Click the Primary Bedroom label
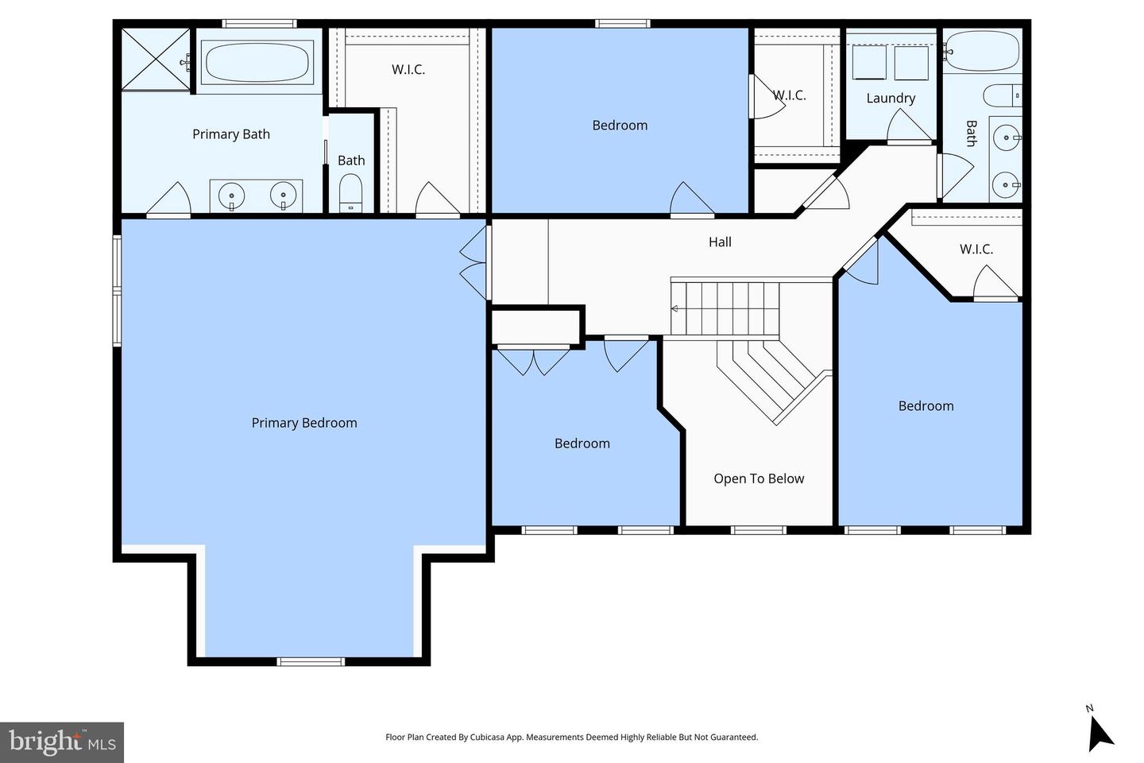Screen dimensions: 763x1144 pyautogui.click(x=304, y=423)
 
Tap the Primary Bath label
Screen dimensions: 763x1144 pyautogui.click(x=231, y=134)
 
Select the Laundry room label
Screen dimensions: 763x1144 pyautogui.click(x=891, y=99)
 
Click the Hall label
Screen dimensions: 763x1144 pyautogui.click(x=720, y=242)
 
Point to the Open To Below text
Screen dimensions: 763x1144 pyautogui.click(x=759, y=478)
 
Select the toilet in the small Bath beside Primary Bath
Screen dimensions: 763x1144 pyautogui.click(x=350, y=193)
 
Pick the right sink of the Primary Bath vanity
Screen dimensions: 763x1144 pyautogui.click(x=283, y=195)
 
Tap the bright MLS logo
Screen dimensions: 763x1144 pyautogui.click(x=62, y=742)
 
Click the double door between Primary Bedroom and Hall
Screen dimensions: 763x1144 pyautogui.click(x=474, y=262)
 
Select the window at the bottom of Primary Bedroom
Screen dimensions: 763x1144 pyautogui.click(x=311, y=660)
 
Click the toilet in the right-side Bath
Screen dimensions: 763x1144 pyautogui.click(x=1002, y=95)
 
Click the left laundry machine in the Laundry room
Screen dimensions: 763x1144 pyautogui.click(x=869, y=63)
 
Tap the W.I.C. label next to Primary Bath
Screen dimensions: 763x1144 pyautogui.click(x=408, y=70)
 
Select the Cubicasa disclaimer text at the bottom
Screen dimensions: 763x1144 pyautogui.click(x=572, y=738)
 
